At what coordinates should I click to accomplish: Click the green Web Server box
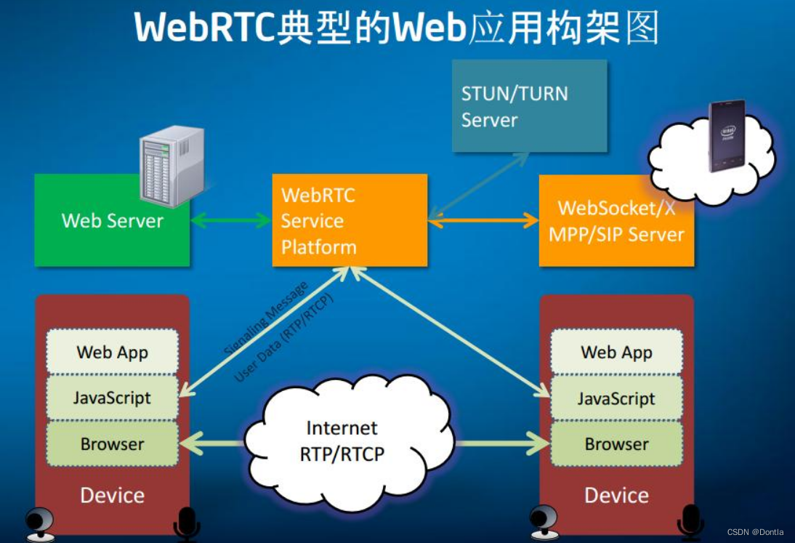(x=112, y=233)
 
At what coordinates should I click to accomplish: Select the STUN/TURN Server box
(x=529, y=106)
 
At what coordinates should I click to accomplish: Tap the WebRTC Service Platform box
(x=349, y=220)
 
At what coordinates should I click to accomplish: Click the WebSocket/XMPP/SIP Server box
(x=616, y=221)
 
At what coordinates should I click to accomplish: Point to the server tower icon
(x=171, y=166)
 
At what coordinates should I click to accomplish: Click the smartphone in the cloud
(x=727, y=135)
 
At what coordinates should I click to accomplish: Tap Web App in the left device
(x=113, y=352)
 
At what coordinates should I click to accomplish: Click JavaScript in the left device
(x=113, y=398)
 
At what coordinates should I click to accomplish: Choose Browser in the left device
(x=113, y=443)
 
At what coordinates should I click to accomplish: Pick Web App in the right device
(x=616, y=352)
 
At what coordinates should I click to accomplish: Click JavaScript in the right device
(x=616, y=398)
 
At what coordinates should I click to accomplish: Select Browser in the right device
(x=616, y=443)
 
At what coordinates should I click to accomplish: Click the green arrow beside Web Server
(x=230, y=220)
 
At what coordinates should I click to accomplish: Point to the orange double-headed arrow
(x=483, y=220)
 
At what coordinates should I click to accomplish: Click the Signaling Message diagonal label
(x=265, y=318)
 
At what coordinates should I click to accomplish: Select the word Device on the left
(x=112, y=495)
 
